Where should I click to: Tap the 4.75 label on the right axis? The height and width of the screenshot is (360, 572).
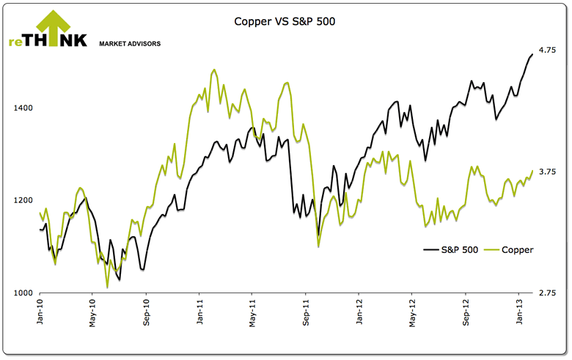(547, 50)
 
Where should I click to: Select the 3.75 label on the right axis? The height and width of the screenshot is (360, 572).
(547, 172)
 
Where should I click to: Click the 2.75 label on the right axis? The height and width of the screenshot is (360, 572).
(547, 293)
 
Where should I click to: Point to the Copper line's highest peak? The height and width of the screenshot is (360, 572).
(213, 70)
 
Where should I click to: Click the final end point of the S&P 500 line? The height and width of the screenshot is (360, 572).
(532, 54)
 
